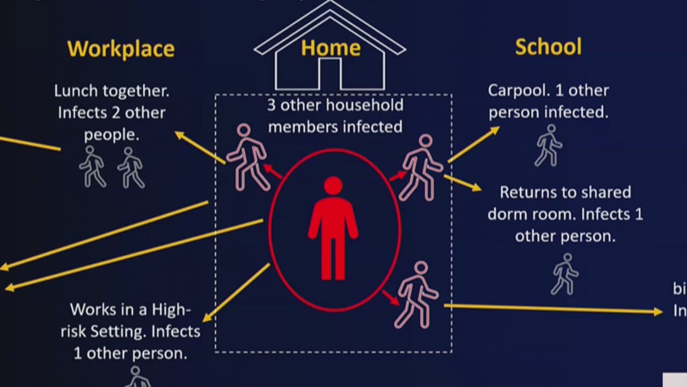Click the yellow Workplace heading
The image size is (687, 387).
tap(121, 49)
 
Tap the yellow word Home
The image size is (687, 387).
tap(330, 48)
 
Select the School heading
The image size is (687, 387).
tap(548, 47)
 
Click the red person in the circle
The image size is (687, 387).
tap(333, 228)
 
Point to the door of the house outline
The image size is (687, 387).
tap(330, 74)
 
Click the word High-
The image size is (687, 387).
tap(172, 310)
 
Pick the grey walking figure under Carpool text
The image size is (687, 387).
tap(548, 145)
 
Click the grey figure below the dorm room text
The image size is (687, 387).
tap(565, 274)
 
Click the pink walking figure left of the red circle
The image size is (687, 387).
tap(247, 157)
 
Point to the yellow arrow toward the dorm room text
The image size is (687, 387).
tap(463, 183)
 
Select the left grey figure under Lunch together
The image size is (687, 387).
tap(92, 166)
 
